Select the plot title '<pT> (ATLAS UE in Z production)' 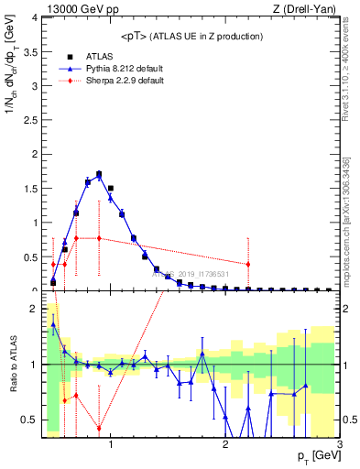[x=191, y=36]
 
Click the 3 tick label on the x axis [x=339, y=445]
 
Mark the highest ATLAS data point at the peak [x=99, y=173]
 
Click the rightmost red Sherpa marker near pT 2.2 [x=248, y=264]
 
